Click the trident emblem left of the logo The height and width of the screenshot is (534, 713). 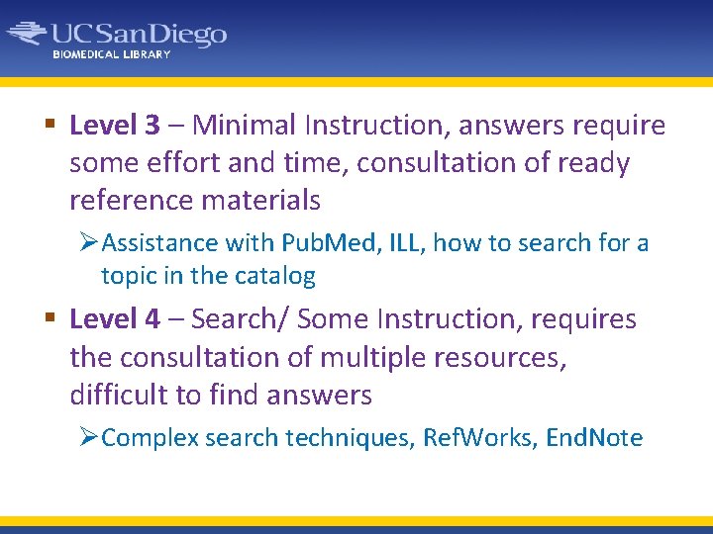click(x=28, y=34)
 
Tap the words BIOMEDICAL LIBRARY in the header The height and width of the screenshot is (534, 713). click(x=112, y=54)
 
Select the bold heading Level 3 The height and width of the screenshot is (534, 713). click(x=115, y=126)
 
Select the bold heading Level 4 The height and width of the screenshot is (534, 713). click(x=115, y=319)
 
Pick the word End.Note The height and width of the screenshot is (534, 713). click(x=593, y=438)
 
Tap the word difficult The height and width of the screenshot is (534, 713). click(x=119, y=396)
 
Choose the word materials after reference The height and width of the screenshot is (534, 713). click(x=260, y=201)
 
